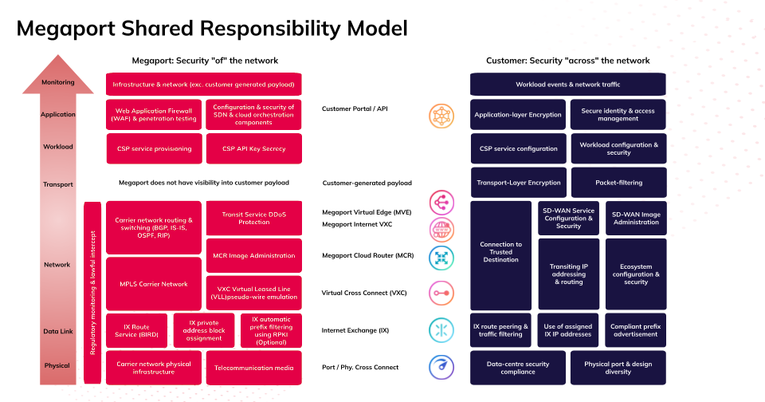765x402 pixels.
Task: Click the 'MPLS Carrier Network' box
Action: pos(153,284)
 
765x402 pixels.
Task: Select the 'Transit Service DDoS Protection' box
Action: pos(253,217)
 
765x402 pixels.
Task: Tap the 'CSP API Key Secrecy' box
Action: pos(253,148)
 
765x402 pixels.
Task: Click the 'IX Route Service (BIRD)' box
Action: pos(136,331)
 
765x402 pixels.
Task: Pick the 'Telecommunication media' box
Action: pos(253,368)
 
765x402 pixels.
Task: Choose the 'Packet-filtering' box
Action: pos(618,183)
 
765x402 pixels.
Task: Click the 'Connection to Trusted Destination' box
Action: pos(501,255)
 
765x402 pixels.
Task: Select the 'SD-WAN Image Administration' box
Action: pos(636,218)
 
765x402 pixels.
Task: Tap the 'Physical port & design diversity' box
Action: pos(618,368)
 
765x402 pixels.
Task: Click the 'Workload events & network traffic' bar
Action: pos(568,85)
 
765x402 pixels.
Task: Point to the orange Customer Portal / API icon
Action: pos(441,116)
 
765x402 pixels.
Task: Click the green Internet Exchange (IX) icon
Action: pos(441,330)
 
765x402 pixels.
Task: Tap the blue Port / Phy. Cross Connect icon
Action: pos(441,367)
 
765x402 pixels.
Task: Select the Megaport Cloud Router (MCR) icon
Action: pos(441,257)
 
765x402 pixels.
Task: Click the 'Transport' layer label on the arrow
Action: pos(57,184)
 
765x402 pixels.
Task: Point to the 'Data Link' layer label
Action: pos(57,330)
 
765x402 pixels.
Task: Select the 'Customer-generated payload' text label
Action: pos(367,183)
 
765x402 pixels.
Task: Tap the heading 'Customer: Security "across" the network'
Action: pos(567,61)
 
